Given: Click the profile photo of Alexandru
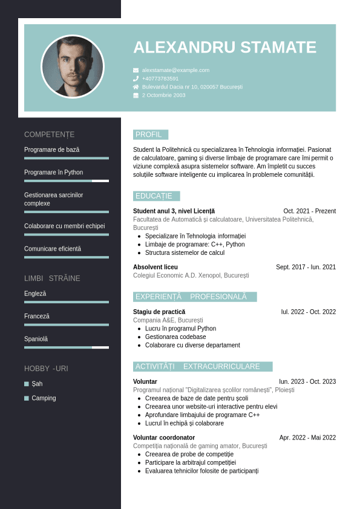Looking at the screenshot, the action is (73, 67).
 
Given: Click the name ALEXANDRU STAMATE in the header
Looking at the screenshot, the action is (224, 47).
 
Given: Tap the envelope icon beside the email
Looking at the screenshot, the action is (136, 70).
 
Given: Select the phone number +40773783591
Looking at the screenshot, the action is (160, 79).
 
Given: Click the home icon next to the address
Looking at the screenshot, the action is (136, 87).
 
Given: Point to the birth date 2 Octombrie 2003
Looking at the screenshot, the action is (163, 96).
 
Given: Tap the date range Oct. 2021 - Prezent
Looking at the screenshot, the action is (309, 211).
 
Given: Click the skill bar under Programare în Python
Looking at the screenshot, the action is (67, 181).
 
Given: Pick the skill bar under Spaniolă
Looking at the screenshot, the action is (67, 347).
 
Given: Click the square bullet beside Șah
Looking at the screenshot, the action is (27, 384).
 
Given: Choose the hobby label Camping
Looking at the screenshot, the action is (44, 398).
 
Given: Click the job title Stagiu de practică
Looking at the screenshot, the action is (159, 312).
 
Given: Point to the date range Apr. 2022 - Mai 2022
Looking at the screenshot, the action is (307, 438).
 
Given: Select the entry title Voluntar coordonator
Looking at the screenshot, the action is (164, 438).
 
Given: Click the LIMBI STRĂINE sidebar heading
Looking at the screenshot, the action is (52, 278).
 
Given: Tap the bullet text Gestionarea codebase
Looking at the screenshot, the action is (175, 337).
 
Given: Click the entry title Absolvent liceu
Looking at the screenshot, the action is (155, 267).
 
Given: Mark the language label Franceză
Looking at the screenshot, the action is (37, 317).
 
